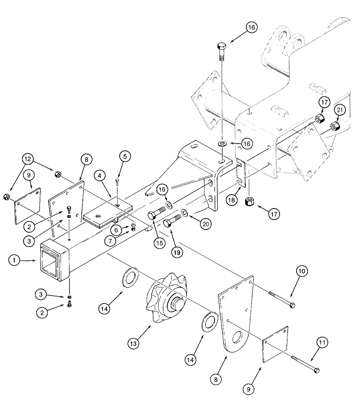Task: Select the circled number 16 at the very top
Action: (251, 29)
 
